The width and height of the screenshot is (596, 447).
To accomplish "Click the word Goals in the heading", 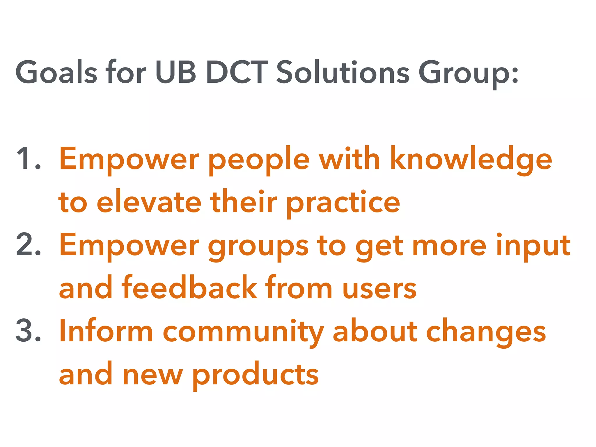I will (56, 72).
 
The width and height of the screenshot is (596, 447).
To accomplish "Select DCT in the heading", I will (237, 72).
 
